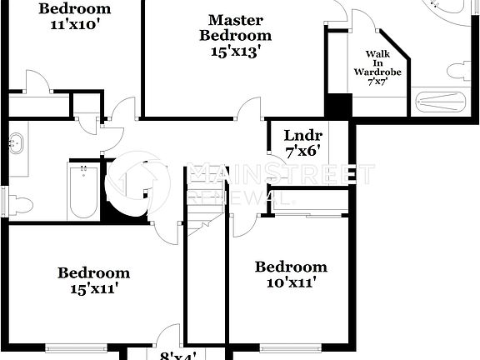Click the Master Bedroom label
pos(235,27)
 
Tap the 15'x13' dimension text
pos(235,51)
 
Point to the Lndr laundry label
pos(302,136)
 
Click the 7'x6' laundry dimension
pos(302,152)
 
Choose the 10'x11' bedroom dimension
pos(291,282)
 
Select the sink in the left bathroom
pos(15,143)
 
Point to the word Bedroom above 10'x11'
pos(291,267)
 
